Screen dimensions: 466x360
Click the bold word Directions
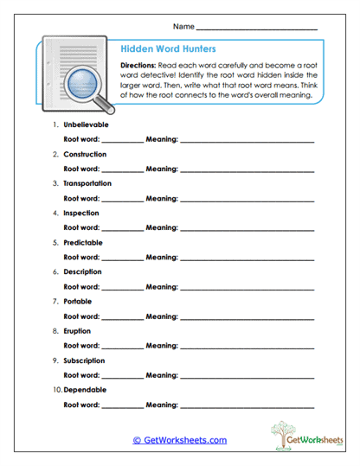pos(138,66)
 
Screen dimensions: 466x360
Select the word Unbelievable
pos(87,124)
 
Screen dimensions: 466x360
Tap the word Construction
pos(85,154)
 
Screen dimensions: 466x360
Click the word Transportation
pos(87,183)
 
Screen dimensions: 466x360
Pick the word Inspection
pos(81,213)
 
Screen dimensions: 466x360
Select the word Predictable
pos(83,242)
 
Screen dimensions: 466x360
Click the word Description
pos(83,271)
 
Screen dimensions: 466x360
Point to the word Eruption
pos(77,330)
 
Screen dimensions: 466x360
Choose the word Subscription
pos(85,360)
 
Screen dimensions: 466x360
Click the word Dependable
pos(84,389)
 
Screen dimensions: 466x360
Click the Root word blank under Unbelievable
pos(122,141)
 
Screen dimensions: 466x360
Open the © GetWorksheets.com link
pos(179,440)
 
